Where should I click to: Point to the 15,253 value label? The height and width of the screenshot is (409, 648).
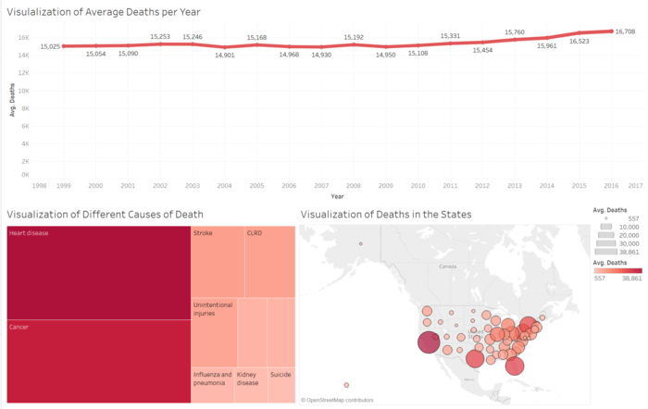coord(159,37)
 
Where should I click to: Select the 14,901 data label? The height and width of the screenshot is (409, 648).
coord(224,55)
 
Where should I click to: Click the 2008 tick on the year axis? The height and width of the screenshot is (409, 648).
coord(353,185)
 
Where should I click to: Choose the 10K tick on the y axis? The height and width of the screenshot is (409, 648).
coord(25,91)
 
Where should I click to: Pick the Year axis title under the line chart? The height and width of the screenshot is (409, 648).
coord(337,195)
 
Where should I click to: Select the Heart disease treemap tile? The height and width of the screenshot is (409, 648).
coord(97,273)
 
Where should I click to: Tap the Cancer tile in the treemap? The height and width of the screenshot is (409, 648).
coord(97,361)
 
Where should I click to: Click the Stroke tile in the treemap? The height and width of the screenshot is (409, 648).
coord(218,261)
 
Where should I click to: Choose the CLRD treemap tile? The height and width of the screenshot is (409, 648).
coord(270,261)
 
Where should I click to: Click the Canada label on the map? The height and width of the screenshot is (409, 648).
coord(448,266)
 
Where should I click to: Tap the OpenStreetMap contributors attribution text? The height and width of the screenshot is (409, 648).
coord(338,400)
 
